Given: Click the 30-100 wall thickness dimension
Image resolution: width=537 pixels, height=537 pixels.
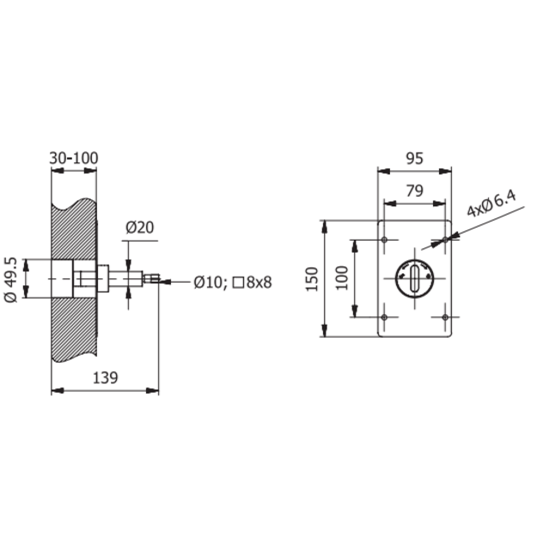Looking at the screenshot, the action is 74,158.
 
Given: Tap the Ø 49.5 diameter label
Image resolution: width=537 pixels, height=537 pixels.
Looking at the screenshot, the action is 10,279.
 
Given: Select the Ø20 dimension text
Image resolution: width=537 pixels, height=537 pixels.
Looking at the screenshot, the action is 140,228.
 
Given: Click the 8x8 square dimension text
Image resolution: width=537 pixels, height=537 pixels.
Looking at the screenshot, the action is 259,283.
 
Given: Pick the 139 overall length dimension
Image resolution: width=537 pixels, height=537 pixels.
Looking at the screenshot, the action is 105,378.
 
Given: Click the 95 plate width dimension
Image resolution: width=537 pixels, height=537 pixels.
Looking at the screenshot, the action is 414,159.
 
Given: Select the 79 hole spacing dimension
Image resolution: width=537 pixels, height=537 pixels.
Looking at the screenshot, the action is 415,191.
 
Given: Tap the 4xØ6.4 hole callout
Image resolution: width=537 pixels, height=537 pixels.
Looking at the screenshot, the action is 491,204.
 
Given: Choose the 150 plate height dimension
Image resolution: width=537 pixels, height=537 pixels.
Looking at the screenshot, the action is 312,279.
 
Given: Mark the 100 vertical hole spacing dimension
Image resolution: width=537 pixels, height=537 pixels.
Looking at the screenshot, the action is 341,278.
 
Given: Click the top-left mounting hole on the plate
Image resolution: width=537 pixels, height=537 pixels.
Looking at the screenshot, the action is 384,240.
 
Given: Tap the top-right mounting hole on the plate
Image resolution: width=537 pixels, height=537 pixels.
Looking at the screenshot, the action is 445,240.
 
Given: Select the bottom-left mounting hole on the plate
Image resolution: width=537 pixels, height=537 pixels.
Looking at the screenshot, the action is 384,317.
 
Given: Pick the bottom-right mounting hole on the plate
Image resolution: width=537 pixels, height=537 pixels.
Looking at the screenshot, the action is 445,317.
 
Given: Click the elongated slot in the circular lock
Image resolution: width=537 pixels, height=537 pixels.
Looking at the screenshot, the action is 415,278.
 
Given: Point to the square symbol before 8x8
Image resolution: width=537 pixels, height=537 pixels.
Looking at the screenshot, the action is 238,283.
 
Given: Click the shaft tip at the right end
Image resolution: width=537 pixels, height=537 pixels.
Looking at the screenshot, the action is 159,278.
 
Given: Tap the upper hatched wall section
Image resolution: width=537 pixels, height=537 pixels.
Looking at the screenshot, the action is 74,229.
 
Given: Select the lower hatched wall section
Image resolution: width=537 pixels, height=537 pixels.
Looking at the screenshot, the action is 74,329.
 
